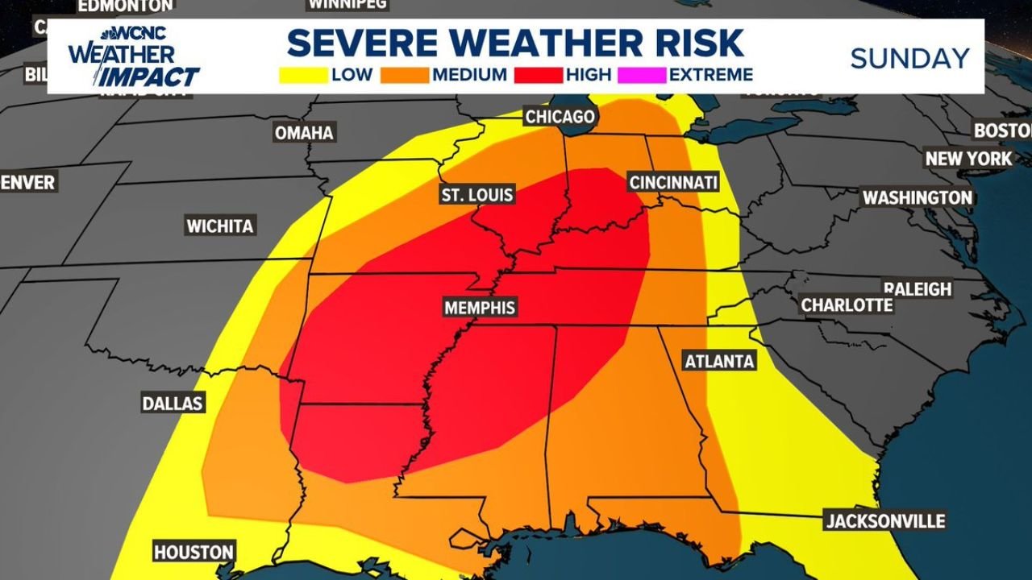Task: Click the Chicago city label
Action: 560,117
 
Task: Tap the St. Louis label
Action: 476,196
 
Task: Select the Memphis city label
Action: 480,308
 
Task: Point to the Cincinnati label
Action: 673,183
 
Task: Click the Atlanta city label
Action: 719,361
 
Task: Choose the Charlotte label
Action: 847,305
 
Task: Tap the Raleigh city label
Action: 918,288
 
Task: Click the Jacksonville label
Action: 885,521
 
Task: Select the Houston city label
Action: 193,552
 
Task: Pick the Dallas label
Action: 173,403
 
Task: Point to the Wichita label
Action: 220,226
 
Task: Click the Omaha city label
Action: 304,133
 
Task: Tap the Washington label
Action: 918,197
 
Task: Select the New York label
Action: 968,159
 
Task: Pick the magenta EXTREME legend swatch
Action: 642,76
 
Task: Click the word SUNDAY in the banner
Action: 910,58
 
